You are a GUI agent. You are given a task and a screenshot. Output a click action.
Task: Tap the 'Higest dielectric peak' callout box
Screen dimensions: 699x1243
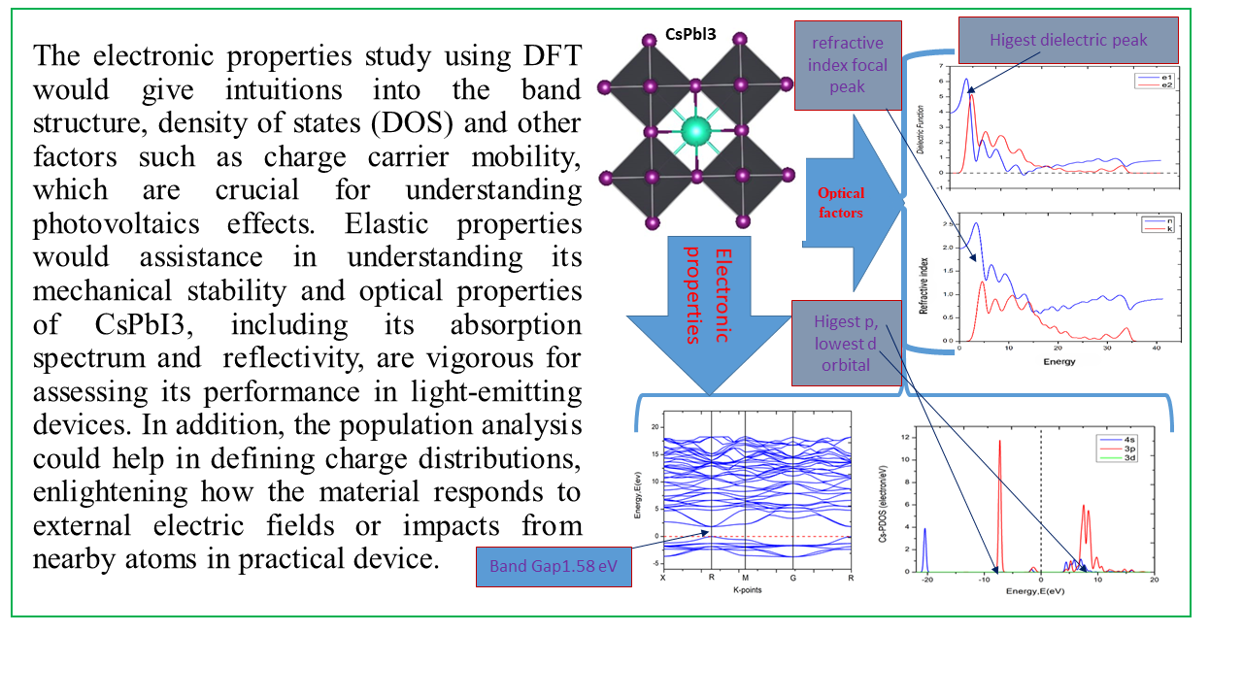[1068, 40]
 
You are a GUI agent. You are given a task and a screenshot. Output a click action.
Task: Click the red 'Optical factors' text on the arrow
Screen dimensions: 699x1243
[840, 202]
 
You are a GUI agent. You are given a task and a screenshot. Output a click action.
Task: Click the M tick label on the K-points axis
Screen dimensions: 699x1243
[745, 578]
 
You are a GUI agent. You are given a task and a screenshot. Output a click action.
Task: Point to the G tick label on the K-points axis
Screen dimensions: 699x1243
[794, 578]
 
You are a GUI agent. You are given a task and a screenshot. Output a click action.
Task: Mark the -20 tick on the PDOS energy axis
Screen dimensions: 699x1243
[928, 581]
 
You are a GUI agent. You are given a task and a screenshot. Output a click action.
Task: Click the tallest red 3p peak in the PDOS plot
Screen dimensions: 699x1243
[999, 442]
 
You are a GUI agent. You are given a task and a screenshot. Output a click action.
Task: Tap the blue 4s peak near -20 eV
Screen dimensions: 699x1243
[925, 530]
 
